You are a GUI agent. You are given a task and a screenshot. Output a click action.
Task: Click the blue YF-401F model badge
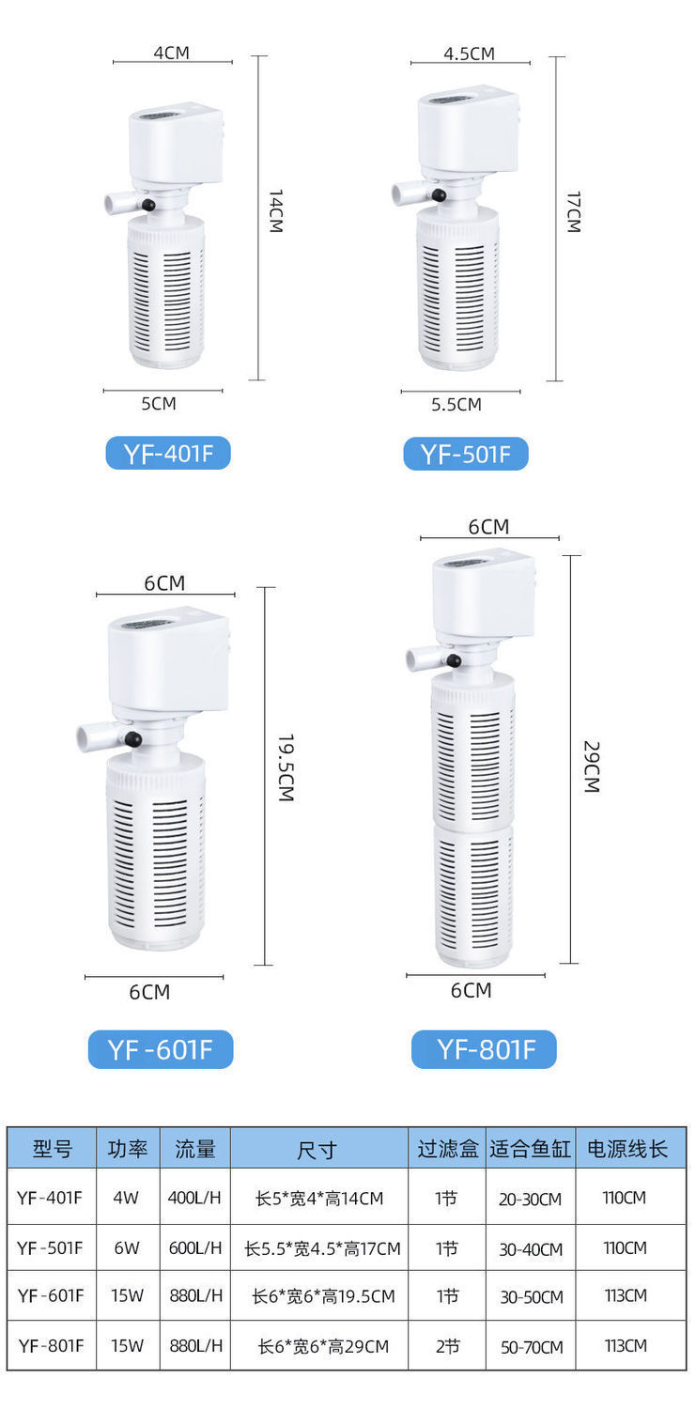tap(168, 453)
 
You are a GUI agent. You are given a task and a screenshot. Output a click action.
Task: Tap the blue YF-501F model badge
tap(465, 454)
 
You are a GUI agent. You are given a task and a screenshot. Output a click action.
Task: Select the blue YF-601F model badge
tap(161, 1049)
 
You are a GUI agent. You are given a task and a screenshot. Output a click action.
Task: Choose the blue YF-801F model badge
tap(484, 1049)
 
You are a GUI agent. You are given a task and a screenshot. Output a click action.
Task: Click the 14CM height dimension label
tap(275, 211)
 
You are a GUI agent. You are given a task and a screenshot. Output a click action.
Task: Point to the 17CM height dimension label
tap(573, 212)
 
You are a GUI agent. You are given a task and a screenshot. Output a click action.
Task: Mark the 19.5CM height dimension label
tap(286, 767)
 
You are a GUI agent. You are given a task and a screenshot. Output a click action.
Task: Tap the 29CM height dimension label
tap(592, 766)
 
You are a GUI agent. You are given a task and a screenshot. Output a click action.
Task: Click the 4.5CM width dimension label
tap(469, 54)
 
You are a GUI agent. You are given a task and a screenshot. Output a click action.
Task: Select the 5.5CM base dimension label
tap(456, 405)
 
